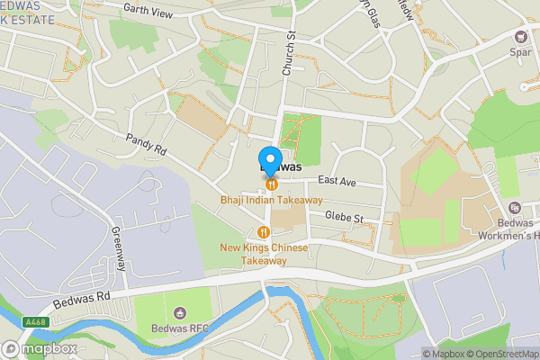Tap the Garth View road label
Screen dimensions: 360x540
pyautogui.click(x=148, y=10)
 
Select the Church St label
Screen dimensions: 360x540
pyautogui.click(x=290, y=51)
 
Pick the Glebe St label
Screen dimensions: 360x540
pyautogui.click(x=345, y=218)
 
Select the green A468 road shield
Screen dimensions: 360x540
pyautogui.click(x=35, y=322)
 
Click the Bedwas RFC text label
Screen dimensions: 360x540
pyautogui.click(x=180, y=328)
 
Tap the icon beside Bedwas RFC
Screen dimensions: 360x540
pyautogui.click(x=180, y=312)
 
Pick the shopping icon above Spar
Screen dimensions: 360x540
pyautogui.click(x=520, y=36)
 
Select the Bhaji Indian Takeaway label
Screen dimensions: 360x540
pyautogui.click(x=271, y=200)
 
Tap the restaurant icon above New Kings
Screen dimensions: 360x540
pyautogui.click(x=265, y=231)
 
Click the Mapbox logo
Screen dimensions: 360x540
pyautogui.click(x=40, y=348)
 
